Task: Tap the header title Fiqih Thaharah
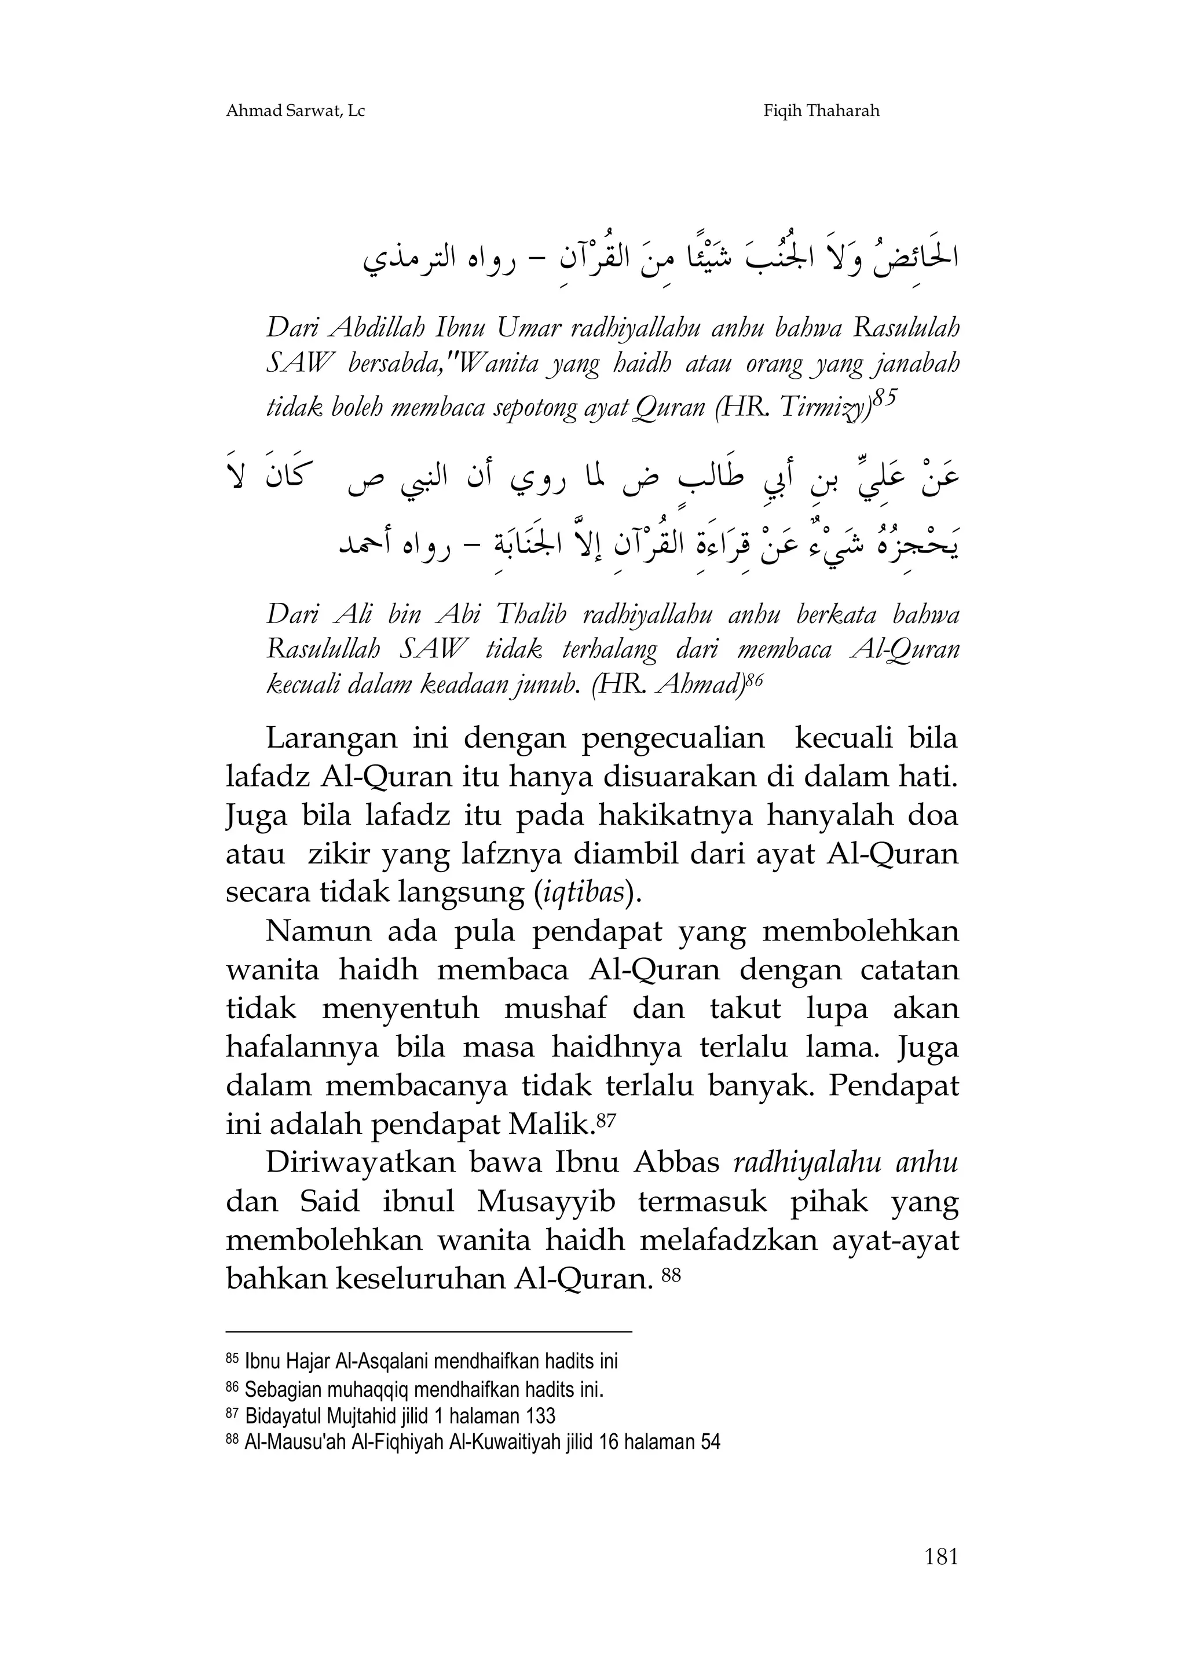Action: point(821,111)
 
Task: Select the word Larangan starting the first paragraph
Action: point(331,739)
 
